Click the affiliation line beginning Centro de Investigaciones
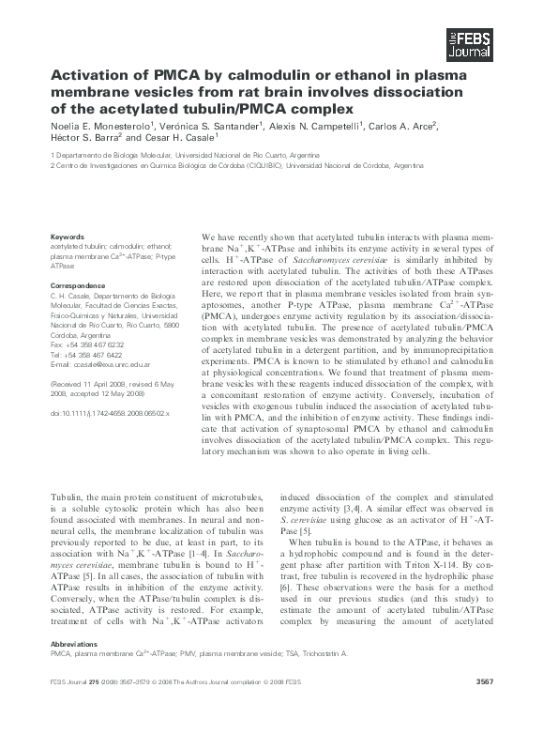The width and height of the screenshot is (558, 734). [221, 163]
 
